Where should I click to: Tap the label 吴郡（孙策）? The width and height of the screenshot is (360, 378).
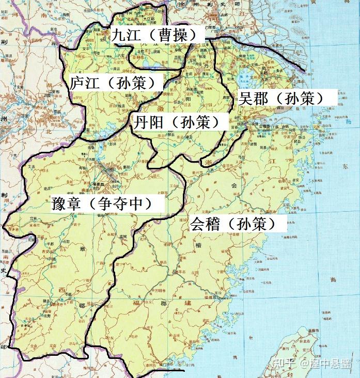pos(281,98)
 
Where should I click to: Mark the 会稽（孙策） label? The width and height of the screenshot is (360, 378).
pos(238,223)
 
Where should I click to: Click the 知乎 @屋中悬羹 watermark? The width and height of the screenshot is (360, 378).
pos(313,363)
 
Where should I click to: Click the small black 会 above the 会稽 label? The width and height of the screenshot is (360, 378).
pos(233,185)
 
